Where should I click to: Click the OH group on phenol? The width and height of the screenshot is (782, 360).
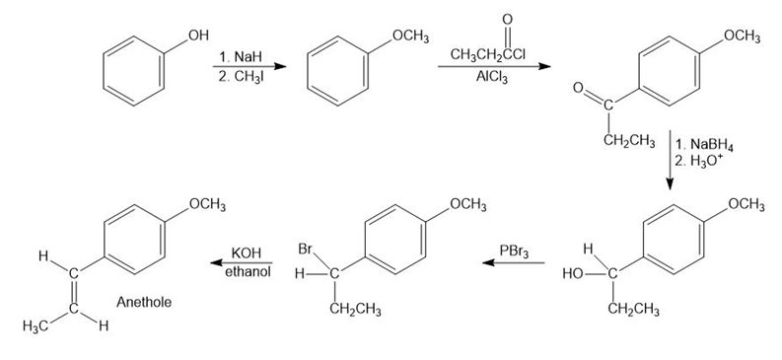coord(197,36)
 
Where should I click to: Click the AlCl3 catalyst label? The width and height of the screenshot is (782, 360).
coord(492,78)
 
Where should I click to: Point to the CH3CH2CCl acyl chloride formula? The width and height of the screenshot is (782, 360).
coord(487,54)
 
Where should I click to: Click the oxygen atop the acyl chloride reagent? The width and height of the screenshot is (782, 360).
coord(508,20)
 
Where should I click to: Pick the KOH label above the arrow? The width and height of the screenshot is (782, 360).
coord(247,252)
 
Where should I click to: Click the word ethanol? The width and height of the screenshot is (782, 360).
coord(248,272)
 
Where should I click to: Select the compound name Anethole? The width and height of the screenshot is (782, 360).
coord(144,302)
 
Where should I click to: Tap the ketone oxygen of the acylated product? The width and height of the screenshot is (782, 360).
coord(578,88)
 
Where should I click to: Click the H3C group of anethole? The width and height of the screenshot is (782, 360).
coord(36,327)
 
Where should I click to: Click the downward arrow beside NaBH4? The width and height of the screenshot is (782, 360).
coord(670,161)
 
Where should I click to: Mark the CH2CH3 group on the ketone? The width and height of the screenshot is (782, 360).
coord(629,142)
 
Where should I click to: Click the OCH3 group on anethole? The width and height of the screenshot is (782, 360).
coord(207,205)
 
